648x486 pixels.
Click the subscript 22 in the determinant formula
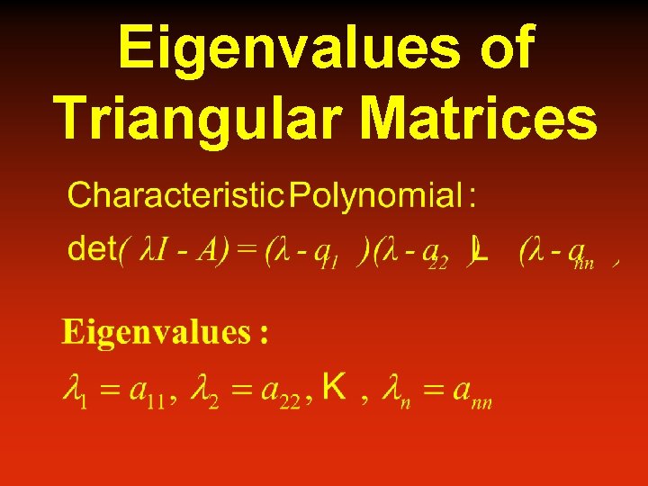tap(438, 263)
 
